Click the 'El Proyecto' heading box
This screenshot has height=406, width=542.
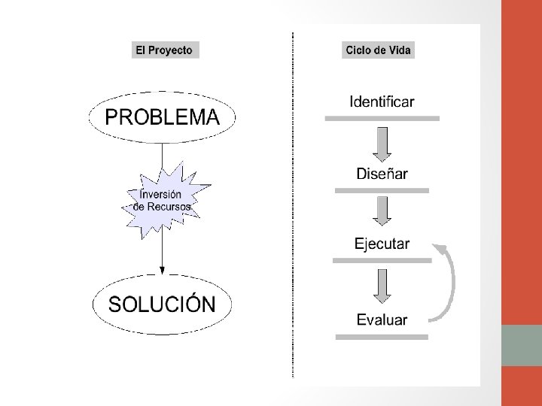tap(163, 51)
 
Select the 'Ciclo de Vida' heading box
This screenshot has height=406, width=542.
tap(379, 51)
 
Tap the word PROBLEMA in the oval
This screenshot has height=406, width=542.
tap(163, 117)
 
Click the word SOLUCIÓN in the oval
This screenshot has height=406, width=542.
tap(163, 304)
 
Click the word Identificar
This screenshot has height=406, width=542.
tap(382, 101)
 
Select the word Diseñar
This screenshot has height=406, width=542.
tap(382, 174)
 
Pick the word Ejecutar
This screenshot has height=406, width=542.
tap(382, 244)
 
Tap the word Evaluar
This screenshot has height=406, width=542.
tap(382, 319)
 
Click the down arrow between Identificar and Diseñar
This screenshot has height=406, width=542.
tap(382, 144)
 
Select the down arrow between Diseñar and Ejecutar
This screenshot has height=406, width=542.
tap(382, 211)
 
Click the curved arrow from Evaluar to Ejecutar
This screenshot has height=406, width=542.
tap(452, 282)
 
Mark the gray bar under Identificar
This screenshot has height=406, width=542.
tap(382, 118)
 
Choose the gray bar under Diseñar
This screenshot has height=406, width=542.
tap(382, 192)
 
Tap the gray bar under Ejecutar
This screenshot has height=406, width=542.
tap(382, 260)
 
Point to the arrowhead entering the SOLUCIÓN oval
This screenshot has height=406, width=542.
tap(162, 276)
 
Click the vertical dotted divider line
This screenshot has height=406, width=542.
tap(292, 203)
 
